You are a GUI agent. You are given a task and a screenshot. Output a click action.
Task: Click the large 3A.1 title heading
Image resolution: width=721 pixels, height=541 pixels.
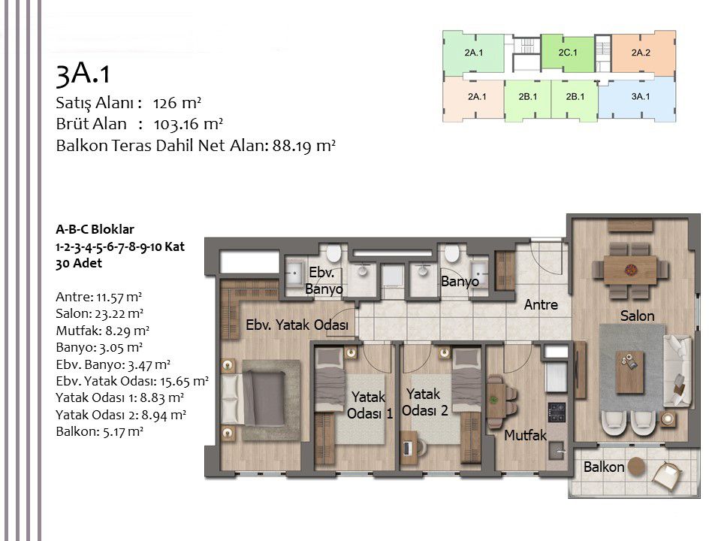click(x=83, y=74)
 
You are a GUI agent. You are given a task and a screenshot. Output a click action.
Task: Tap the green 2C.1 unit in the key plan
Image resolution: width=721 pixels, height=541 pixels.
click(x=567, y=53)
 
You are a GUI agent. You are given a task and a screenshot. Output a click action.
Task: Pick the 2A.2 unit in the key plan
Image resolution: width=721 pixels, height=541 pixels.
click(x=641, y=53)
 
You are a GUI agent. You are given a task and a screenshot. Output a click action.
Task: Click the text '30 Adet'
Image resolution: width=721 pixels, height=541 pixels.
click(x=79, y=264)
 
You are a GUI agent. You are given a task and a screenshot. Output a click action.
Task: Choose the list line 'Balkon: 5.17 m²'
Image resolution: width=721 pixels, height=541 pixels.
click(x=99, y=431)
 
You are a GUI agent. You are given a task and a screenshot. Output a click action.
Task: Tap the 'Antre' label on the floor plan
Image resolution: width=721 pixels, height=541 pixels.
click(x=541, y=305)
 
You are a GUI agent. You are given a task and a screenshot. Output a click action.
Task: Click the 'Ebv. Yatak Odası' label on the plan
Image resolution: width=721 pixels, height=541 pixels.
click(x=297, y=325)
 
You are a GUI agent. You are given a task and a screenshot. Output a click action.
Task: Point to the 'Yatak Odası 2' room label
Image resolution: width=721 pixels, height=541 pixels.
click(x=426, y=402)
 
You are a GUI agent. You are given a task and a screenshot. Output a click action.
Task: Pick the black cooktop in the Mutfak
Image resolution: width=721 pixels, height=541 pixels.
click(x=557, y=411)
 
